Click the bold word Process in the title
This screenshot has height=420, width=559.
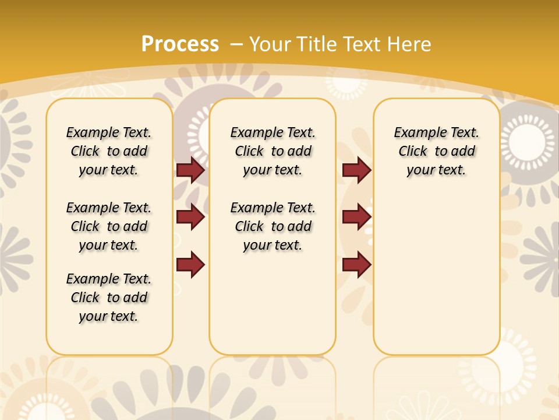180,44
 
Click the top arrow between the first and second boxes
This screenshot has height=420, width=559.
190,170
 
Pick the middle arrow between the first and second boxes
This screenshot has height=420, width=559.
190,217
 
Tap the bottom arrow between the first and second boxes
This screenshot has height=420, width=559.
190,264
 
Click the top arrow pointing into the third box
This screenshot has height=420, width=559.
356,170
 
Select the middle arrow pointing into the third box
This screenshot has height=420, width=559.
356,217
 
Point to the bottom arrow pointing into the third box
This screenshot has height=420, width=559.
356,264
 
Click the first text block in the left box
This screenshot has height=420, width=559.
109,151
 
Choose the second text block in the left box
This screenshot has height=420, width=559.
109,226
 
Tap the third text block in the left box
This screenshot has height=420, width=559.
109,297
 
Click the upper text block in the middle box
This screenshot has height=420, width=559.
273,151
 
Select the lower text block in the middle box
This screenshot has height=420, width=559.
273,226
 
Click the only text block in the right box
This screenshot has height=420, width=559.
436,151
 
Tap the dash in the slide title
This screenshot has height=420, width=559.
236,44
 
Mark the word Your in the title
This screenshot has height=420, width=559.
270,44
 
